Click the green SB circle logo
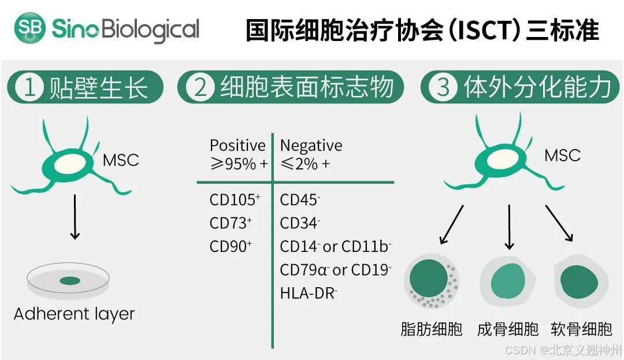pyautogui.click(x=30, y=28)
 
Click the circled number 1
pyautogui.click(x=29, y=88)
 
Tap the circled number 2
pyautogui.click(x=200, y=88)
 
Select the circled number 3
pyautogui.click(x=443, y=88)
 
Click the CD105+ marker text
pyautogui.click(x=235, y=200)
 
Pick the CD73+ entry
pyautogui.click(x=231, y=223)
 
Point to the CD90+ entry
pyautogui.click(x=231, y=246)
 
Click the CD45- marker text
pyautogui.click(x=300, y=200)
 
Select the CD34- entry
pyautogui.click(x=300, y=223)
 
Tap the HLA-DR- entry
pyautogui.click(x=308, y=293)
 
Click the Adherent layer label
pyautogui.click(x=74, y=314)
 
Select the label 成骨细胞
pyautogui.click(x=508, y=329)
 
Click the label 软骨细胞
pyautogui.click(x=581, y=329)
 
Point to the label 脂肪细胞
pyautogui.click(x=432, y=329)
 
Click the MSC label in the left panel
pyautogui.click(x=121, y=160)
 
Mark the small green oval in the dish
pyautogui.click(x=70, y=281)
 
